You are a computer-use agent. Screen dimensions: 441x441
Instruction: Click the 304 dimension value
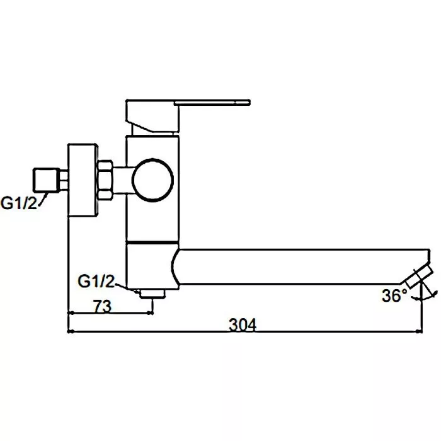243,324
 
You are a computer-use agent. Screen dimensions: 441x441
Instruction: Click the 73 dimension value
102,306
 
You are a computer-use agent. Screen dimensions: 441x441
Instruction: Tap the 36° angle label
394,295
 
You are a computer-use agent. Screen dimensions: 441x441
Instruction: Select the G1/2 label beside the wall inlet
19,203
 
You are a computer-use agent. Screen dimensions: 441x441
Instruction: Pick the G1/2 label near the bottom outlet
96,281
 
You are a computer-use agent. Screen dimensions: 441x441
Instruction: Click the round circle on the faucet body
152,180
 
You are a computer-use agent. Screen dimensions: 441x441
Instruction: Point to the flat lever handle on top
212,102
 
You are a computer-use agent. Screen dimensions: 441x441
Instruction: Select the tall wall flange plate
83,180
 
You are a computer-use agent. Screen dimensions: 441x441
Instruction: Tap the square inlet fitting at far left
46,180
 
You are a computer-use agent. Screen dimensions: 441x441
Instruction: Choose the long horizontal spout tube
301,266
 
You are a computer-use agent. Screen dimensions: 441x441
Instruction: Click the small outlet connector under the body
152,294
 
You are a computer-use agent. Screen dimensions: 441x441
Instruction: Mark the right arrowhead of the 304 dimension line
420,332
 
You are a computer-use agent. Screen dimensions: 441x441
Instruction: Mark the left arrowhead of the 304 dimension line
71,332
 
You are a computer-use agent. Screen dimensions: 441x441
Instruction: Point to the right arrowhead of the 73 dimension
151,312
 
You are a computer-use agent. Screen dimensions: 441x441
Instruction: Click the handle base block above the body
152,116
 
